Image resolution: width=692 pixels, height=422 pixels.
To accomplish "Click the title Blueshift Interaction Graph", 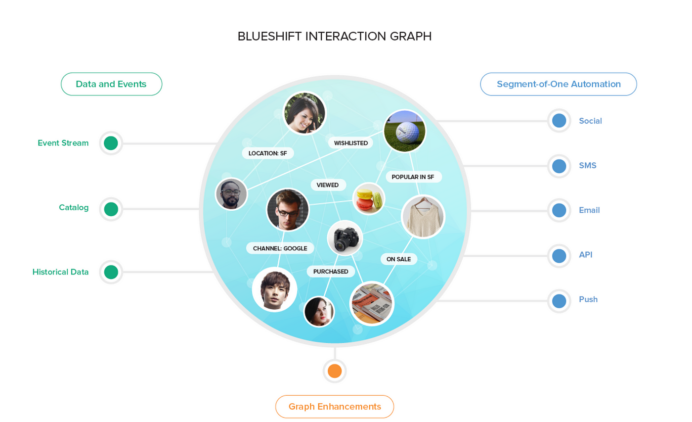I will [x=335, y=36].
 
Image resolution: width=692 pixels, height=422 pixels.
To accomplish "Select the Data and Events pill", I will [x=111, y=84].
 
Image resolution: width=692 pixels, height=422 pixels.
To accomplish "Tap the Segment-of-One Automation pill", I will [x=559, y=84].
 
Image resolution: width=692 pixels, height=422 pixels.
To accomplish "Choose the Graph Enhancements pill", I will [x=335, y=407].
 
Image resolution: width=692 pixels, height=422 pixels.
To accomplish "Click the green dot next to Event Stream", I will [x=111, y=143].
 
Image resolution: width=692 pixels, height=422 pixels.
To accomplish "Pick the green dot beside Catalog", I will [x=111, y=209].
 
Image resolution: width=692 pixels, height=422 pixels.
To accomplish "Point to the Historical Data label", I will [x=60, y=272].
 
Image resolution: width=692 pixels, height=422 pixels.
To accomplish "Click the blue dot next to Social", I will [x=559, y=121].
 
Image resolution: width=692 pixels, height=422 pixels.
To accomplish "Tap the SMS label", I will [x=588, y=166].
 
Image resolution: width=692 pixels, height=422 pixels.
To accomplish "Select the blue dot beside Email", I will [x=559, y=210].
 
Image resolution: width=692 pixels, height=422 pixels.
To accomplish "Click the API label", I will [x=586, y=255].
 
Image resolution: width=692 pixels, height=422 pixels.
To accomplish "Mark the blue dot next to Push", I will [x=559, y=301].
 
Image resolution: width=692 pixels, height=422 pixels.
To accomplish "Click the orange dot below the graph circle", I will [x=335, y=371].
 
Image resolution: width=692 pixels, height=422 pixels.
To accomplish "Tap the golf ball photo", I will [x=404, y=131].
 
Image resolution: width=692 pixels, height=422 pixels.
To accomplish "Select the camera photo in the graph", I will [x=345, y=238].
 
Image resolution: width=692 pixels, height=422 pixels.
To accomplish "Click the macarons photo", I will [x=369, y=199].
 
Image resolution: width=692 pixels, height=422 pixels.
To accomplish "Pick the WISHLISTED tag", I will [x=350, y=143].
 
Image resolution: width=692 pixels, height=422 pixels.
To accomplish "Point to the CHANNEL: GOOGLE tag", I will [x=280, y=248].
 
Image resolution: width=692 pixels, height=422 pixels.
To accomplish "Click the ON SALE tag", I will [x=398, y=259].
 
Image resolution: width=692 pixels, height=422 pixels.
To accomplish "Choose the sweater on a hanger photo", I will [x=423, y=217].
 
